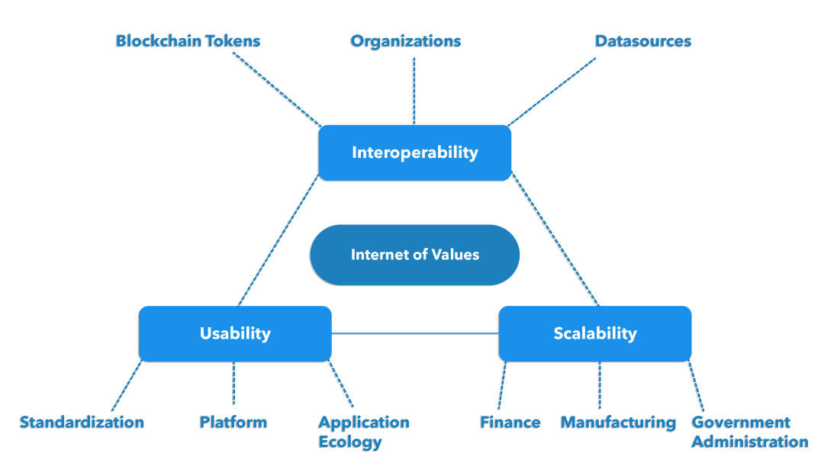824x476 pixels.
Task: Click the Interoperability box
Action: tap(414, 153)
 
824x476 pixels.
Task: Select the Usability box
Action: tap(235, 333)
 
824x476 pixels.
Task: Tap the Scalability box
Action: tap(595, 333)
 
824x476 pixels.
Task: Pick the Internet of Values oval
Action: tap(414, 255)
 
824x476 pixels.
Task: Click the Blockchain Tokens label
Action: tap(188, 41)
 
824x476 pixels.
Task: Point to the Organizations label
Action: tap(406, 41)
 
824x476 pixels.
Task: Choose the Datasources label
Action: tap(643, 41)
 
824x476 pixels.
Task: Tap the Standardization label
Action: tap(82, 422)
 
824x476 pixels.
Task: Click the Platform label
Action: tap(233, 422)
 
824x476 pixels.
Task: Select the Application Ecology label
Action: tap(364, 432)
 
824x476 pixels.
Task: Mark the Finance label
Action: tap(510, 422)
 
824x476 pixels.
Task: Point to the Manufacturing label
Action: tap(618, 422)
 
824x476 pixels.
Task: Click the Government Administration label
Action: tap(750, 432)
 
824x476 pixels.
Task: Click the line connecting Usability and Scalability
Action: tap(415, 333)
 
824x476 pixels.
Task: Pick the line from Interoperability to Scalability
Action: tap(555, 241)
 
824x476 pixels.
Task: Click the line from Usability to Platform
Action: tap(233, 383)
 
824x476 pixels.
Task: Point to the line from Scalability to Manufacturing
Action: tap(600, 385)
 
